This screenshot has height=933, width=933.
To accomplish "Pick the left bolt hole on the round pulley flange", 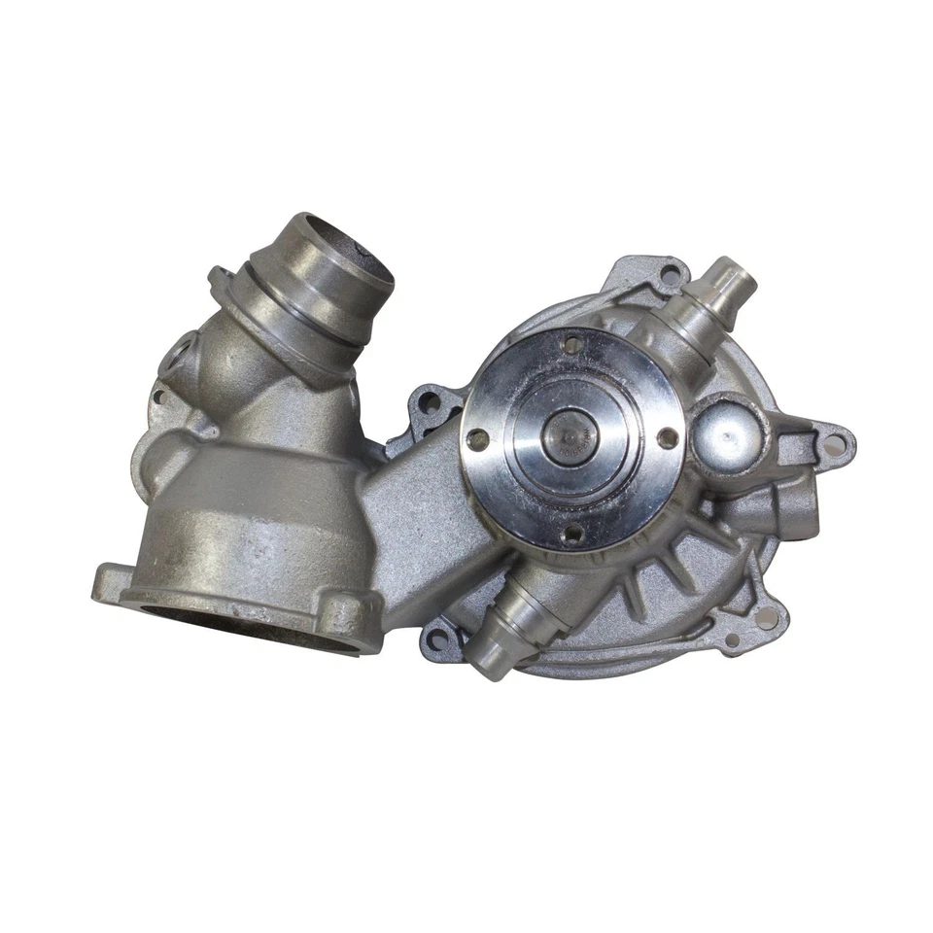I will [x=477, y=439].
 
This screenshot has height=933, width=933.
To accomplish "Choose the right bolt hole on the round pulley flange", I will [x=668, y=438].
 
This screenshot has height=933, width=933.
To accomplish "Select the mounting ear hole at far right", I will [x=834, y=445].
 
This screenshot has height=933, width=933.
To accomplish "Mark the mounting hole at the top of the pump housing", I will [x=670, y=276].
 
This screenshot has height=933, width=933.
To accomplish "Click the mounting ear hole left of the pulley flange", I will [x=429, y=400].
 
